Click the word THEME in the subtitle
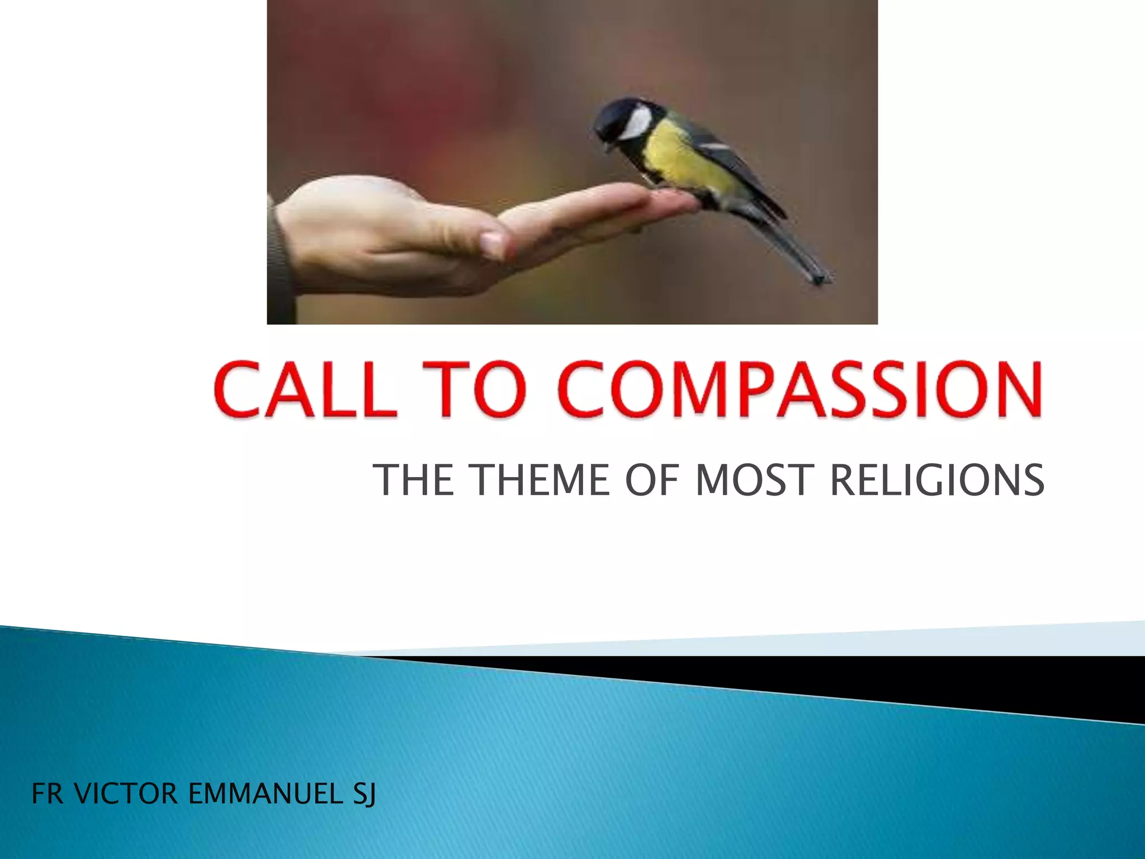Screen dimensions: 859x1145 coord(539,480)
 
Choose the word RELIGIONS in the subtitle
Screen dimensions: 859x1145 coord(937,480)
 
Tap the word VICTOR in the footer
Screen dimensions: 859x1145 coord(126,794)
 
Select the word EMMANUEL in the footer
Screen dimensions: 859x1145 coord(266,794)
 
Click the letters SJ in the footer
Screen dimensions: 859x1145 coord(364,794)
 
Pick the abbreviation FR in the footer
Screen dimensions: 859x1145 coord(48,794)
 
